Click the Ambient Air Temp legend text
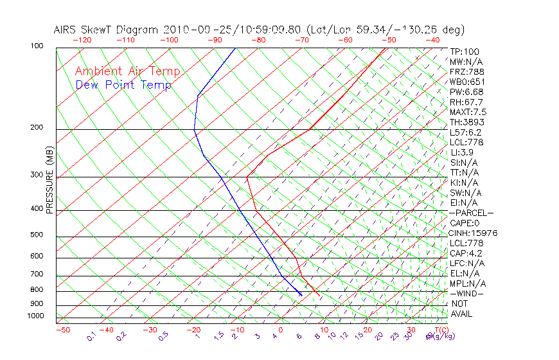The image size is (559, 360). (x=127, y=72)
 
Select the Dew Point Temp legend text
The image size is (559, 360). (x=123, y=85)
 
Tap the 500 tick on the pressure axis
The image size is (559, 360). (x=37, y=235)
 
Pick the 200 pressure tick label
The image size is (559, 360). (x=37, y=128)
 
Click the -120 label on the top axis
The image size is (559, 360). (x=82, y=40)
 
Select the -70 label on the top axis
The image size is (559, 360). (x=301, y=40)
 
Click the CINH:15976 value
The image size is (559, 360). (x=474, y=233)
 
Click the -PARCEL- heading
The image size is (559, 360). (x=472, y=213)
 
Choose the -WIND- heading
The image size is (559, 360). (x=468, y=293)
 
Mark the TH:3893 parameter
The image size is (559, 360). (x=467, y=122)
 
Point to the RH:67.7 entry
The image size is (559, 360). (x=466, y=102)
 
